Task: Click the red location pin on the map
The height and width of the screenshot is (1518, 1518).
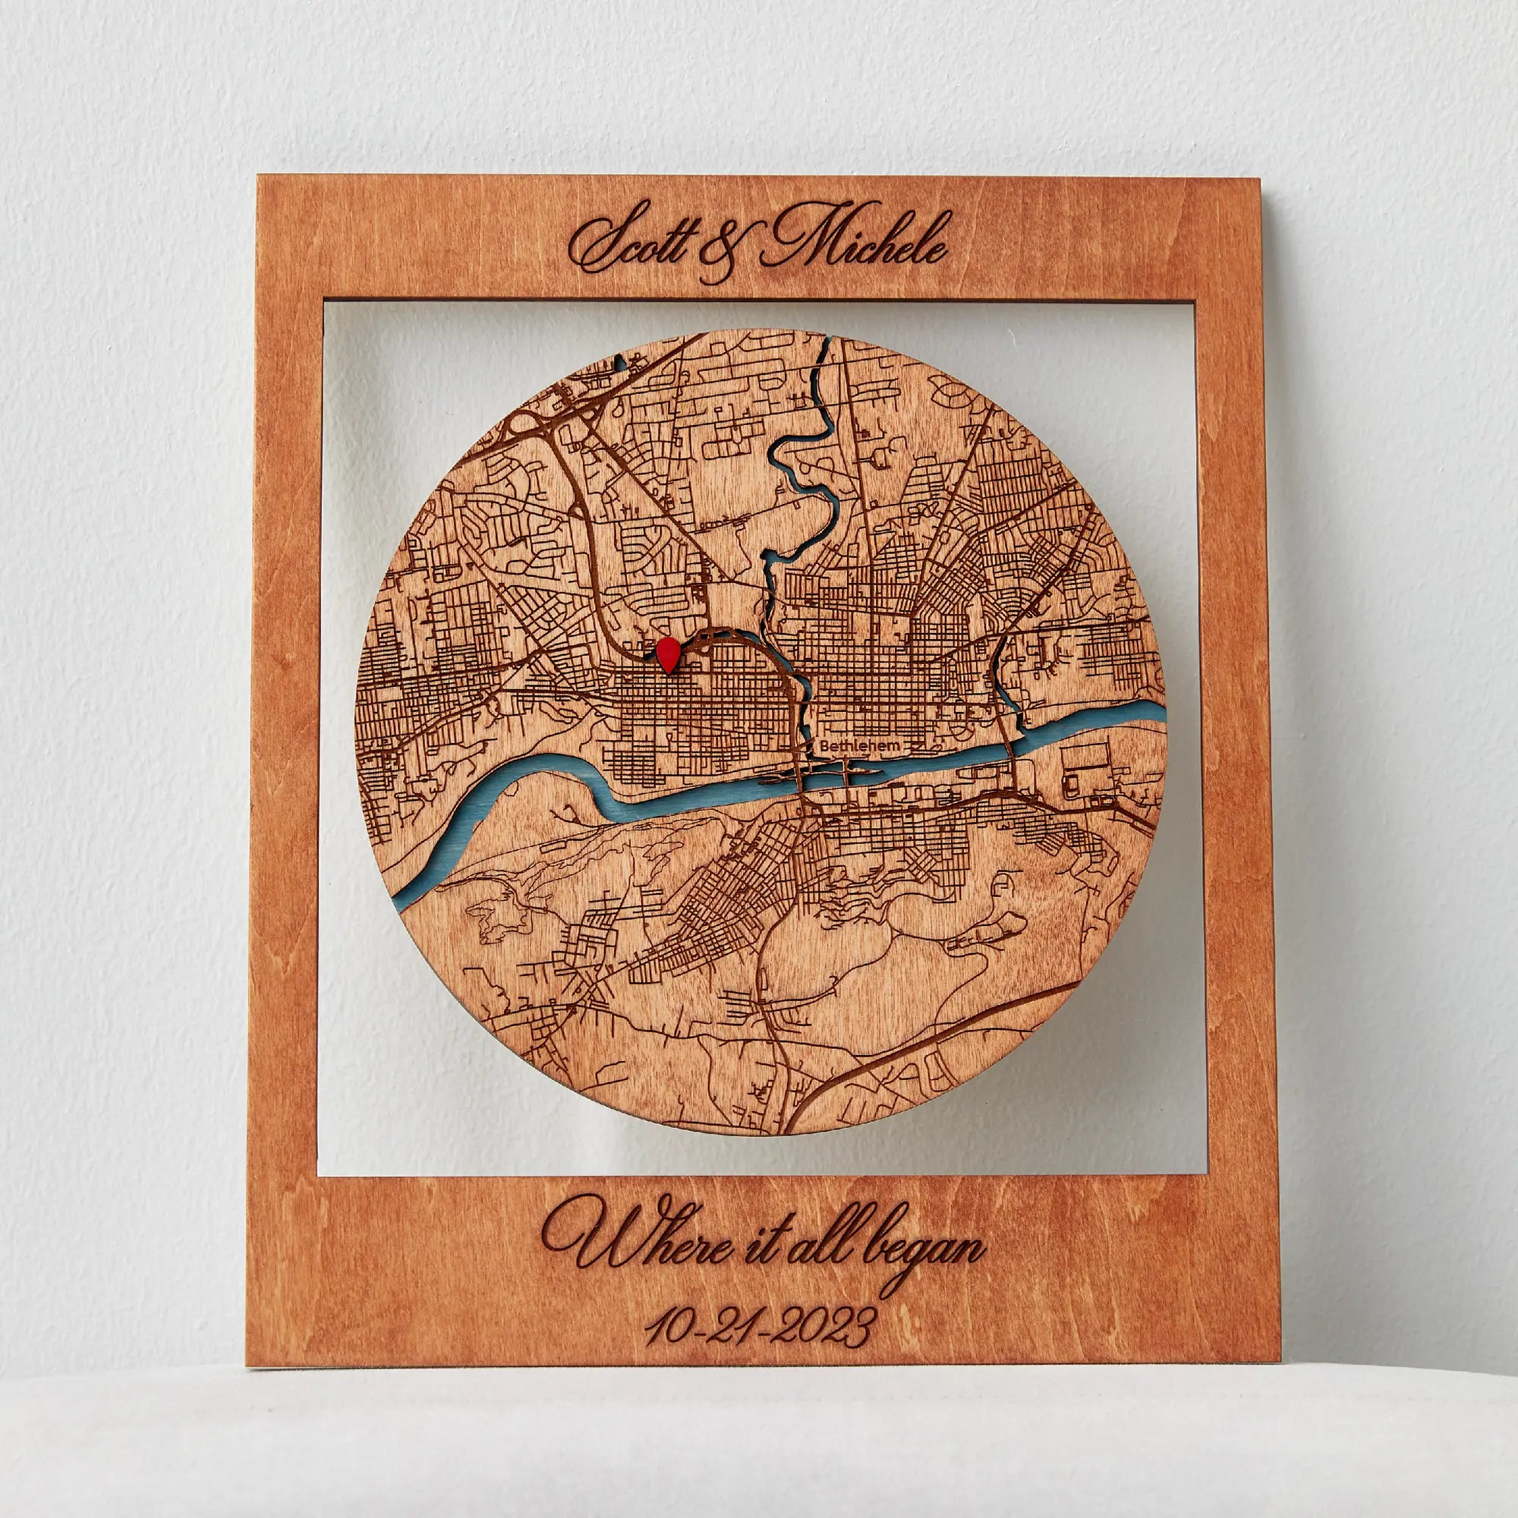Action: click(669, 653)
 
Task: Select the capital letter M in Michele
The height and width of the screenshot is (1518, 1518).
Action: click(802, 241)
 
